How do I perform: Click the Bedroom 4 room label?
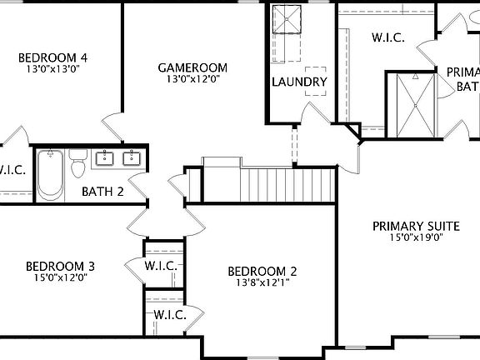click(53, 57)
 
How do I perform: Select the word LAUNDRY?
click(299, 82)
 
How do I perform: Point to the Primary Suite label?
click(417, 225)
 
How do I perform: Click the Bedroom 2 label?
click(263, 271)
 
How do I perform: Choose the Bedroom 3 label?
click(60, 266)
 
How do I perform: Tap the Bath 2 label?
click(102, 192)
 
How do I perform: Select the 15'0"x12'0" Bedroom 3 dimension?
click(60, 277)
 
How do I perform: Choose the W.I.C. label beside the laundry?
click(388, 37)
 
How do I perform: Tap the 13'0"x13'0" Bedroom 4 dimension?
click(53, 69)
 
